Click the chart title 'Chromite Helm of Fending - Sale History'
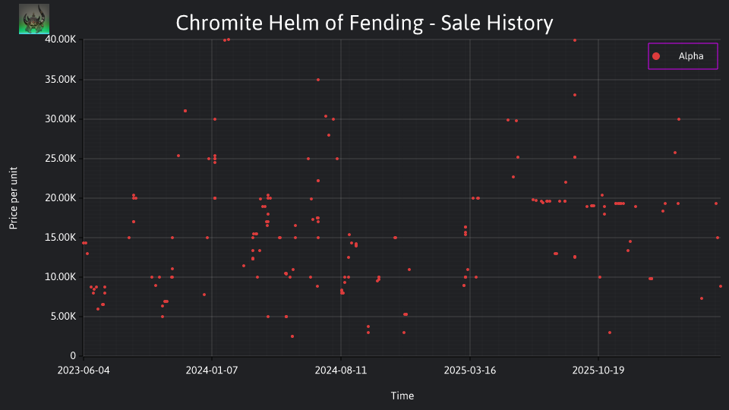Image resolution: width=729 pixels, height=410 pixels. [x=364, y=23]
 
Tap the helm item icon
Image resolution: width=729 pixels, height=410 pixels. [x=34, y=19]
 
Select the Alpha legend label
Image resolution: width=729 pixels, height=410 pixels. [x=691, y=56]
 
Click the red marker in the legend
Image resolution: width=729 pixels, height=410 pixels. [x=656, y=56]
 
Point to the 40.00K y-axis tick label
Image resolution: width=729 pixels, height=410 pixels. [x=61, y=39]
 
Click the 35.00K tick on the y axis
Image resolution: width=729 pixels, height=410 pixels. [x=61, y=80]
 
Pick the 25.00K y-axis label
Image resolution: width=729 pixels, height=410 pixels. [x=61, y=159]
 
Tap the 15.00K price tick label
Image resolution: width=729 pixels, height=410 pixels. [x=61, y=238]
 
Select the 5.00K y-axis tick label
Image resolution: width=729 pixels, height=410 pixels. [x=63, y=317]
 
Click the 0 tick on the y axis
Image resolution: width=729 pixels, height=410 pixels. [x=73, y=356]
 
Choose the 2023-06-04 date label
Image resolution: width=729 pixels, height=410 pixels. [x=84, y=371]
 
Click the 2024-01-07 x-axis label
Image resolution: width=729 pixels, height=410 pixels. [x=212, y=371]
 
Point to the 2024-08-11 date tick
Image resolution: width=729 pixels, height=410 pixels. [x=341, y=371]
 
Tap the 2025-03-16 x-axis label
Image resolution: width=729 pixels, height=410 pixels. [x=470, y=371]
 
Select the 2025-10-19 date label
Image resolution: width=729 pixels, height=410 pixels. [x=598, y=371]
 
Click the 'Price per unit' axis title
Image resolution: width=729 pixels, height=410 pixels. [x=14, y=198]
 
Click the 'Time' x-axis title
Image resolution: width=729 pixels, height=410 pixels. [x=402, y=396]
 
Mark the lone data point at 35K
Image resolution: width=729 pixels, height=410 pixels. [x=318, y=80]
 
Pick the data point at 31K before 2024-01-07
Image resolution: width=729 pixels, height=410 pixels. [x=185, y=111]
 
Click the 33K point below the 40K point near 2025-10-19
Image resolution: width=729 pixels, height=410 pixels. [x=575, y=95]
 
